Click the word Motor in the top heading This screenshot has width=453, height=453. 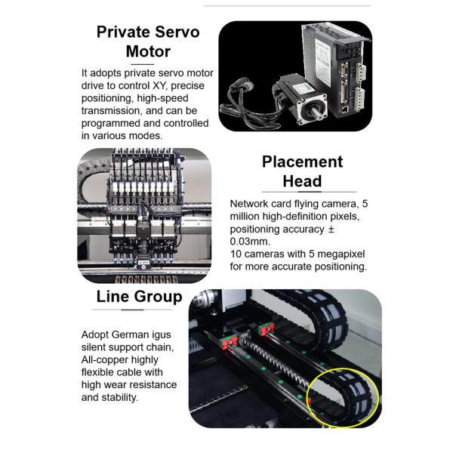coord(148,51)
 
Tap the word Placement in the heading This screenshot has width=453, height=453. coord(302,162)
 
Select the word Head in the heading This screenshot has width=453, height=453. coord(302,181)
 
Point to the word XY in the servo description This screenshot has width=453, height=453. coord(159,85)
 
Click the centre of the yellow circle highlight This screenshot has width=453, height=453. coord(343,397)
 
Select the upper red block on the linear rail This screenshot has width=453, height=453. coord(267,329)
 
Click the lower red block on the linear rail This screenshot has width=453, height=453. coord(230,343)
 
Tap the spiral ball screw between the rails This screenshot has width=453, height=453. coord(275,362)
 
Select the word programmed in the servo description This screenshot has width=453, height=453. coord(111,123)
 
